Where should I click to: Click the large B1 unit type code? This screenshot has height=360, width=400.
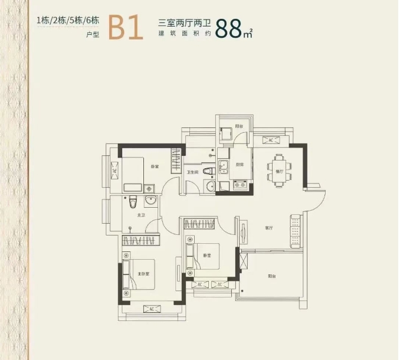coord(126,27)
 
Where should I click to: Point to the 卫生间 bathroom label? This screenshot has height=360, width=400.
coord(192,172)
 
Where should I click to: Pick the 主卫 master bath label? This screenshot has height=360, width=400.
coord(141,215)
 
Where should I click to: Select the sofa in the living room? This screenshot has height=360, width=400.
coord(295,231)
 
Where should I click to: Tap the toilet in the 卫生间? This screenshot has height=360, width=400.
coord(207,172)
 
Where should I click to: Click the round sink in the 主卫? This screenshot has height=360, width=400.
coord(149,202)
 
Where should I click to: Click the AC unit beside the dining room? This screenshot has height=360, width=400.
coord(271,140)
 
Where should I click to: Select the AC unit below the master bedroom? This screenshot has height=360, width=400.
coord(151,309)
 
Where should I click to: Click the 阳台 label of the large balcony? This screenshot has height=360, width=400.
coord(271,276)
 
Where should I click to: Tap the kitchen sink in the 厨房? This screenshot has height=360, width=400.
coord(223,167)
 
